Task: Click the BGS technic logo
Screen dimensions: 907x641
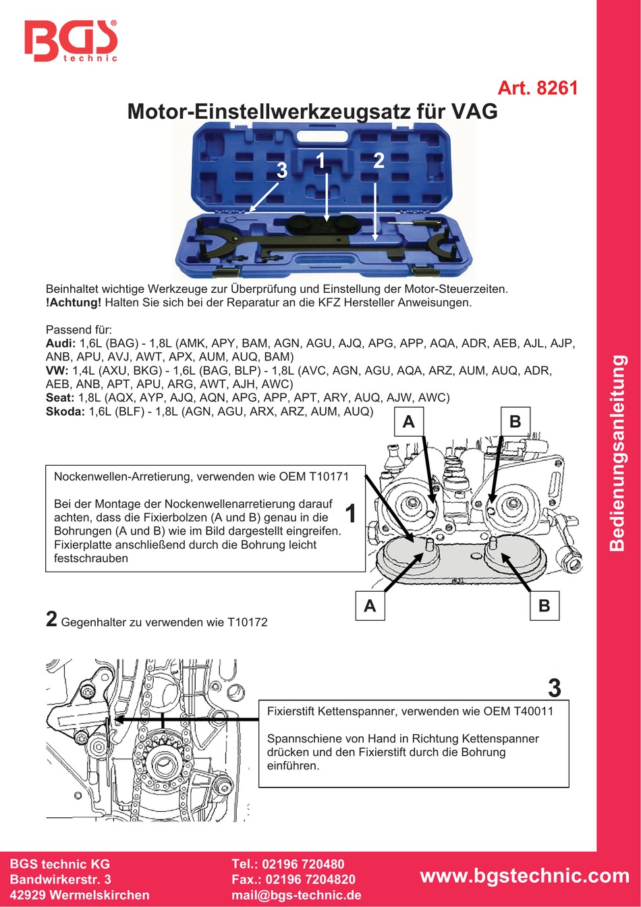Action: [71, 41]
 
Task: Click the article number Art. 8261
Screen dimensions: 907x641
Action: [537, 88]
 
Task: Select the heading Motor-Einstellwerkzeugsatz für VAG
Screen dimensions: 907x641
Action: [312, 111]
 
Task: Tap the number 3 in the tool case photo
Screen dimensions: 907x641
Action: [282, 171]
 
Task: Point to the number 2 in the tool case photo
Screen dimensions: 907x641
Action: [379, 161]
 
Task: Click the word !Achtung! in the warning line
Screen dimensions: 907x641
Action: [74, 302]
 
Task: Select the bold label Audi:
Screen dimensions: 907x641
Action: [61, 343]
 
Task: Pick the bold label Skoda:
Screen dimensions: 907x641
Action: [65, 411]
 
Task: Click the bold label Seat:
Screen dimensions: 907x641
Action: [60, 397]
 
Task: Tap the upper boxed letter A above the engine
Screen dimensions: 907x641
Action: [408, 422]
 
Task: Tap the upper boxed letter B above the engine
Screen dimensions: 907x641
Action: [515, 422]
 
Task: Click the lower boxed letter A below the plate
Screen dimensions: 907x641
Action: [370, 605]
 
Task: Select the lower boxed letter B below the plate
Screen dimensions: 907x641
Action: [544, 605]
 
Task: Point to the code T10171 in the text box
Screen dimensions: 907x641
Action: [329, 476]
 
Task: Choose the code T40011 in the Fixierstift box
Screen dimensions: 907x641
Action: [533, 711]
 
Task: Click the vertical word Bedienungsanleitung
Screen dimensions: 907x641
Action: [618, 453]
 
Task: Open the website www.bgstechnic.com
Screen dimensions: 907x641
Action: [524, 876]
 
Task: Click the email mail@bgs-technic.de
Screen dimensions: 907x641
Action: [296, 896]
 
